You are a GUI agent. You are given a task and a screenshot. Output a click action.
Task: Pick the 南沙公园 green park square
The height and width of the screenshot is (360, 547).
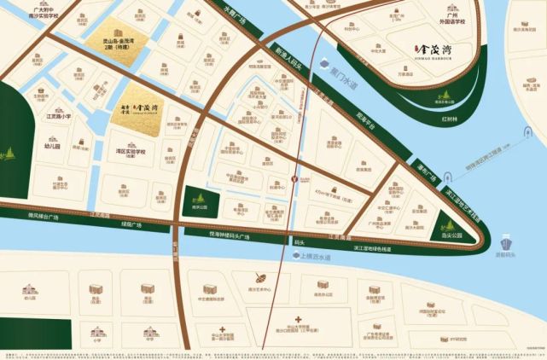coord(198,201)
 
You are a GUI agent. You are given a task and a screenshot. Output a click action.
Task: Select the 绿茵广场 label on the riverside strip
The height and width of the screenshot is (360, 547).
coord(130,224)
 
